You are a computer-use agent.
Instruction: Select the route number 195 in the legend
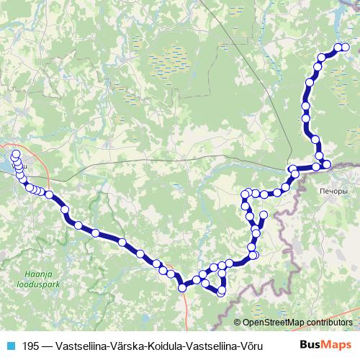[x=31, y=344]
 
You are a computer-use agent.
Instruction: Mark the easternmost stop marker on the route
[x=345, y=48]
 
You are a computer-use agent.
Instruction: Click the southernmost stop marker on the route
[x=221, y=292]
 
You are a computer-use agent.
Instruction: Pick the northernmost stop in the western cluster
[x=15, y=153]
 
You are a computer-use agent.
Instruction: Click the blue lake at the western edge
[x=4, y=166]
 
